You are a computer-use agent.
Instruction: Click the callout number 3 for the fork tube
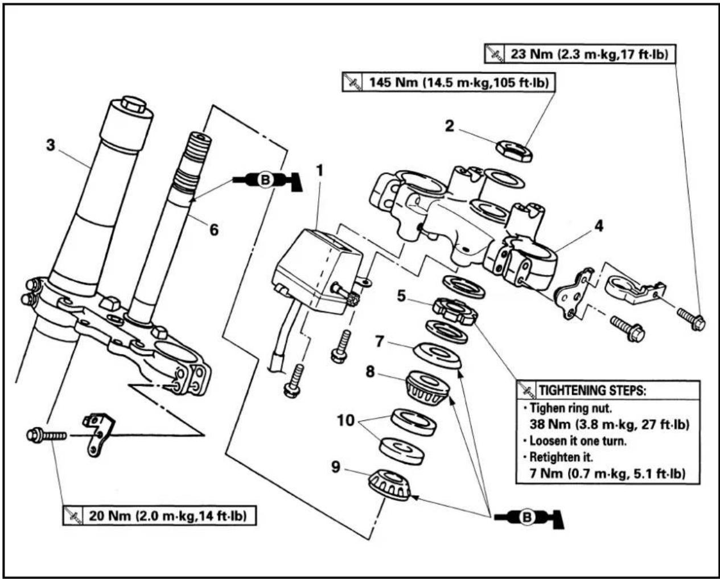click(x=51, y=145)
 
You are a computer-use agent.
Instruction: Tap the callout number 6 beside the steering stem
click(x=214, y=229)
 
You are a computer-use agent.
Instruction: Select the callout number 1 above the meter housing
click(x=320, y=171)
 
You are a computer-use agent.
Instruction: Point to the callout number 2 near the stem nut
click(x=449, y=126)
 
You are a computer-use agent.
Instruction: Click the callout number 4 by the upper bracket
click(x=599, y=226)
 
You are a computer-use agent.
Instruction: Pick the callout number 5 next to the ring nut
click(x=401, y=296)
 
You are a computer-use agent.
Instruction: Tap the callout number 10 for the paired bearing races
click(x=345, y=420)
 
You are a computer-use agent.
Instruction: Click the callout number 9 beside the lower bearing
click(x=336, y=467)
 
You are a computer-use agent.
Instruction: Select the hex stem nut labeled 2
click(x=514, y=151)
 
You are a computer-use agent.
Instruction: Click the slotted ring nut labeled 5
click(x=455, y=311)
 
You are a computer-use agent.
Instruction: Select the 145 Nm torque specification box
click(x=449, y=82)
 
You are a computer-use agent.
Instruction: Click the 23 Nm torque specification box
click(x=580, y=54)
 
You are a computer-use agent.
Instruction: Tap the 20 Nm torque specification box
click(x=159, y=516)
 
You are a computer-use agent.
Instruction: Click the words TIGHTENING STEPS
click(x=592, y=390)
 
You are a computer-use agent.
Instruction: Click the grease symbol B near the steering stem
click(x=267, y=180)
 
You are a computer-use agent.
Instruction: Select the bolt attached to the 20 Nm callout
click(x=47, y=436)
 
